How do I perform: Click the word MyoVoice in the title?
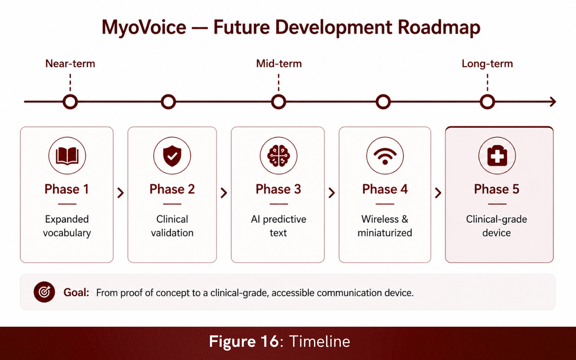(x=144, y=28)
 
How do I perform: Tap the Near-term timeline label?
(x=70, y=64)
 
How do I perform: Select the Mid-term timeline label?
(x=279, y=64)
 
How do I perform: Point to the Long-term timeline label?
(x=487, y=64)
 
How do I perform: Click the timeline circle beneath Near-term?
(x=70, y=96)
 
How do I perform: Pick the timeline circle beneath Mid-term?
(x=278, y=96)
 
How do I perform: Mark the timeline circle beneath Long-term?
(x=487, y=96)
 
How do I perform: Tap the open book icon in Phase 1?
(x=67, y=156)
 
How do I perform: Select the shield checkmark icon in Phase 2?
(x=172, y=156)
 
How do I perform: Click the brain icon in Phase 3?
(x=278, y=156)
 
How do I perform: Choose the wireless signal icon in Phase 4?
(x=385, y=156)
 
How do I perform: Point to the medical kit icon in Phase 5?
(x=497, y=156)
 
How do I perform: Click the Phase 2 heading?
(x=172, y=189)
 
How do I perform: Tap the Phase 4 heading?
(x=385, y=189)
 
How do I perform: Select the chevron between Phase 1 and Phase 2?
(x=120, y=193)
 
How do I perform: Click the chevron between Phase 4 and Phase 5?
(x=438, y=193)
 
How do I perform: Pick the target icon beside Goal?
(x=44, y=292)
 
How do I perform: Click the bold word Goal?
(x=76, y=293)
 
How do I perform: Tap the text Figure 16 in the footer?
(x=244, y=342)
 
